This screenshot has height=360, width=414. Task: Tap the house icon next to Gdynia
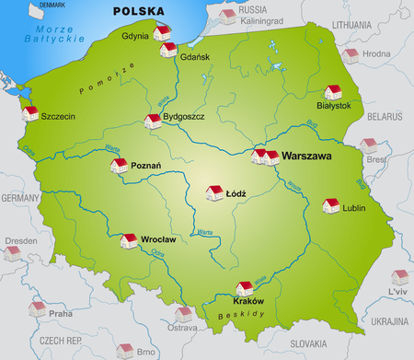point(163,32)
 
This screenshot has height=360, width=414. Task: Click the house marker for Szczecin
point(30,113)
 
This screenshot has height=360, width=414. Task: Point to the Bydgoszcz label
point(183,118)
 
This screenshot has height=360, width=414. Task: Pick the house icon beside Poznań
point(119,166)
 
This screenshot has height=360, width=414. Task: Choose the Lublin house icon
point(329,206)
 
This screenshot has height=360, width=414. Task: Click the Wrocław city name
point(159,238)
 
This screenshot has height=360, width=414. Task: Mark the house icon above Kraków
point(245,287)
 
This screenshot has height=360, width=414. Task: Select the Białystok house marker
point(333,91)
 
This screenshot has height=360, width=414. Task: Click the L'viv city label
point(397,291)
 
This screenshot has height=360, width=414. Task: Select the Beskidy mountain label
point(236,316)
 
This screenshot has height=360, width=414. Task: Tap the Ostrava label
point(182,327)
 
